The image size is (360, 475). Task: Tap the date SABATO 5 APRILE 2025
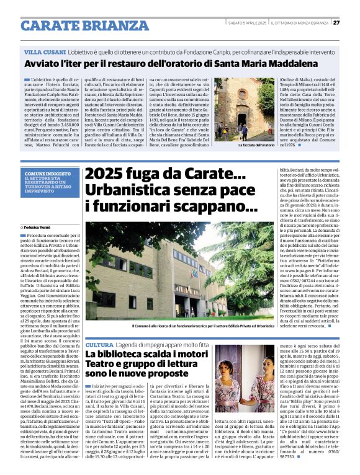(247, 23)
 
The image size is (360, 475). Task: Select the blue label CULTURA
(99, 344)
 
